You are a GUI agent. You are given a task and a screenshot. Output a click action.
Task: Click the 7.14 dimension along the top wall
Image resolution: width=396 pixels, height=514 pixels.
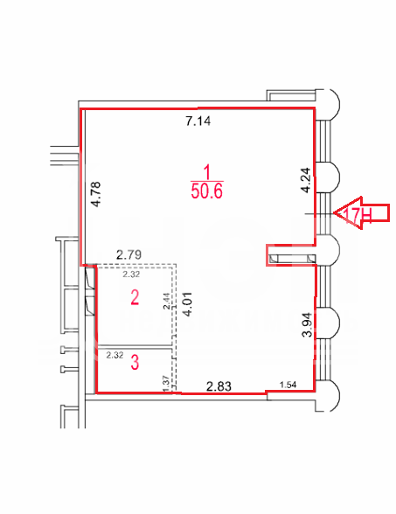tap(198, 122)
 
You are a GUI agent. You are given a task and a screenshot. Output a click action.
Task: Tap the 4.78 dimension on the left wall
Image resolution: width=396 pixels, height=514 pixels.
tap(97, 194)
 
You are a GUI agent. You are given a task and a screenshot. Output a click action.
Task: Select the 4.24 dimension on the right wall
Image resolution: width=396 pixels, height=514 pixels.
tap(306, 180)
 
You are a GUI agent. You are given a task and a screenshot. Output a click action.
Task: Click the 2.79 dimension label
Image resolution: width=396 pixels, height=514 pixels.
tap(129, 254)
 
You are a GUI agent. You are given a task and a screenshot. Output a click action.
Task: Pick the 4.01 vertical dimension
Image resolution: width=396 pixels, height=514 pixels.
tap(188, 304)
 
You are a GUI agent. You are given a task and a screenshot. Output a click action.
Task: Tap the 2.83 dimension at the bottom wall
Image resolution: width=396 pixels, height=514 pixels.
tap(219, 386)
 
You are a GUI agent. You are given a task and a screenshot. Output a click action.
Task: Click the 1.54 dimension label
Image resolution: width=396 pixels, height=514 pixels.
tap(288, 385)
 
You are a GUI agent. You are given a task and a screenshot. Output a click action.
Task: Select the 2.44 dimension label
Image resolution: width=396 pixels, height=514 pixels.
tap(167, 302)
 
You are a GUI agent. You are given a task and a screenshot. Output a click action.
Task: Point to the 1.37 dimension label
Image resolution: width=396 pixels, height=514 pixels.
tap(166, 383)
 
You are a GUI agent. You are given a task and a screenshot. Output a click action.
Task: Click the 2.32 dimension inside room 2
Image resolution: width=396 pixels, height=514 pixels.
tap(131, 274)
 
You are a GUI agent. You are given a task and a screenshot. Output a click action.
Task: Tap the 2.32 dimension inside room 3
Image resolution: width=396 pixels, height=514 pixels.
tap(115, 355)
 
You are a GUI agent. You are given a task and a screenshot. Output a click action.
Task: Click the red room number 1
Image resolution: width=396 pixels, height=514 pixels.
tap(207, 172)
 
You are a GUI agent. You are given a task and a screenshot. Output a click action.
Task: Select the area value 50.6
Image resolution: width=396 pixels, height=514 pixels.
tap(207, 191)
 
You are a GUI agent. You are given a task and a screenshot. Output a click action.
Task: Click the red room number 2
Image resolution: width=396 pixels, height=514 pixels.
tap(135, 298)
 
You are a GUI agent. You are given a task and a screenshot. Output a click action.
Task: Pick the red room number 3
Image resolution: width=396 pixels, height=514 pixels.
tap(135, 363)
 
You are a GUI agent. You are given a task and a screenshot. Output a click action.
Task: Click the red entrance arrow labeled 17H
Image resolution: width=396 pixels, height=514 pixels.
tap(361, 212)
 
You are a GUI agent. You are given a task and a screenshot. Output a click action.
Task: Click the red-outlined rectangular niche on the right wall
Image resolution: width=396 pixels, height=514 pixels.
tap(291, 255)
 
